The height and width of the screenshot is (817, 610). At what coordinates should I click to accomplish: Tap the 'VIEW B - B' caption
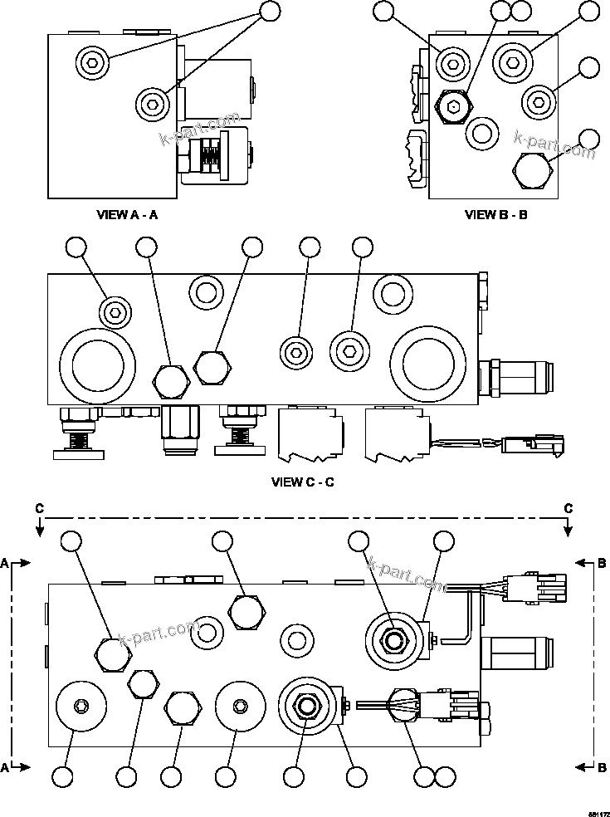pos(496,214)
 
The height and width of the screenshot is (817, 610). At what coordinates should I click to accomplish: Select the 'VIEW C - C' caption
pos(303,482)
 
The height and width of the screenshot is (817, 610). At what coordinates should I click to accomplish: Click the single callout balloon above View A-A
pos(271,11)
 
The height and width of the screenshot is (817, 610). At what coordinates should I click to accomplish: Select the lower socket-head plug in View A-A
pos(151,103)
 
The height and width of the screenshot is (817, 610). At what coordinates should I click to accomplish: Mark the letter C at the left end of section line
pos(39,507)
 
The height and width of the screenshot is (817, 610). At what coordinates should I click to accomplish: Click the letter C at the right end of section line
pos(569,507)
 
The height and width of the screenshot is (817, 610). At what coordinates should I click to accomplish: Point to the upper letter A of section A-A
pos(5,563)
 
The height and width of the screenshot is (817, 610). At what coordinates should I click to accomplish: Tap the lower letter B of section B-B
pos(603,768)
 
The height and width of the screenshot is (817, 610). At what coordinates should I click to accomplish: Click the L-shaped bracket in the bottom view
pos(461,625)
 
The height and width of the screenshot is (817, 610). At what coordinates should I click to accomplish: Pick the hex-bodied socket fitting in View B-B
pos(452,105)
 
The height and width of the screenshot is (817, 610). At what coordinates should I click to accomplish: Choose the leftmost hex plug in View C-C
pos(171,379)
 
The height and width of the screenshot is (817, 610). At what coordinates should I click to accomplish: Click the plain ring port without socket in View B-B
pos(481,131)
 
